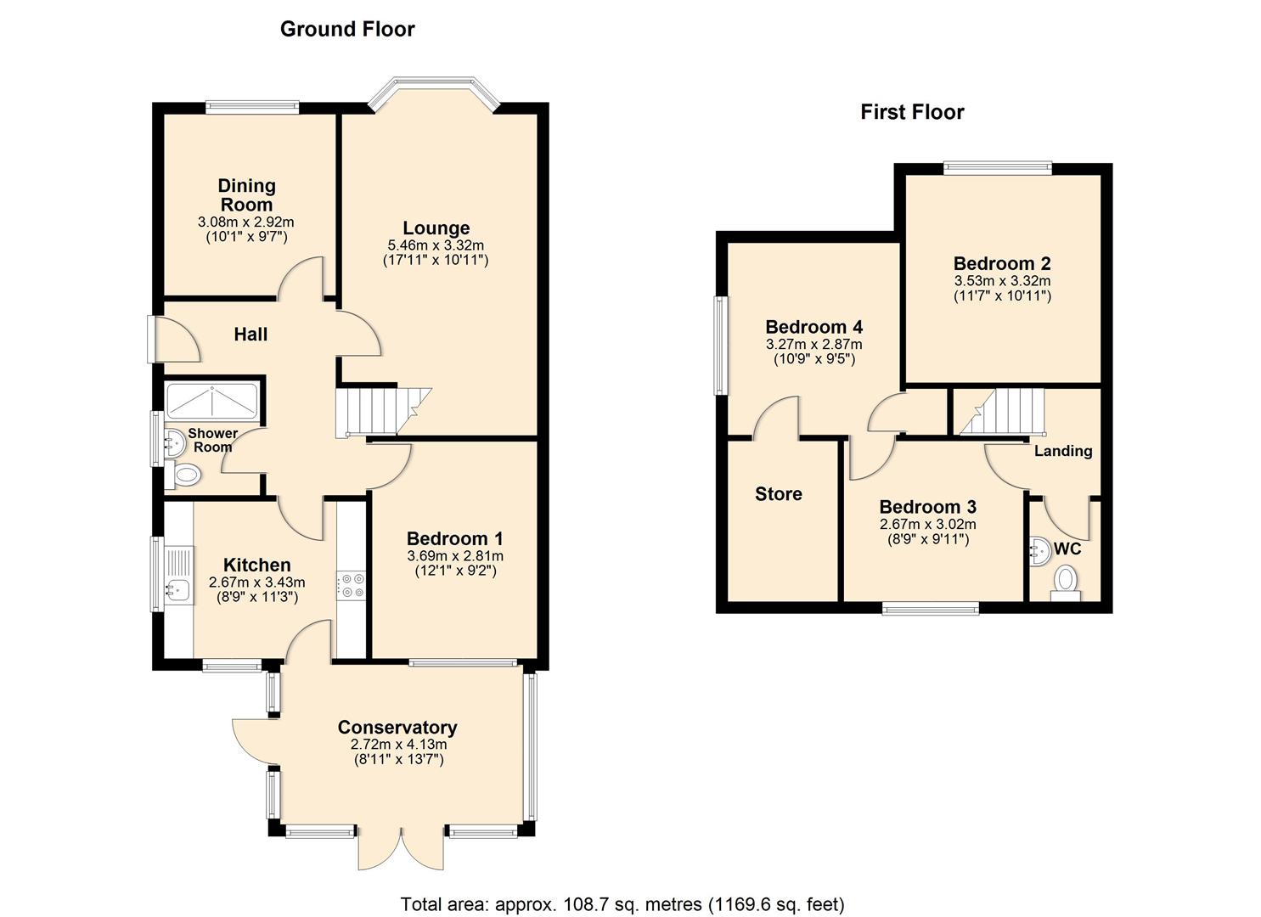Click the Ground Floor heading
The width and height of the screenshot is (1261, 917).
[x=347, y=29]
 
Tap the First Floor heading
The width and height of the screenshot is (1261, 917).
[x=912, y=112]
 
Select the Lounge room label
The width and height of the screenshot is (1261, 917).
[x=436, y=228]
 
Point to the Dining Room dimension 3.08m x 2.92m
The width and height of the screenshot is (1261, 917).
[x=246, y=222]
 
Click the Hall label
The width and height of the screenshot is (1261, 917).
[x=251, y=335]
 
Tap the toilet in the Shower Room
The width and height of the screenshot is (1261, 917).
[x=183, y=475]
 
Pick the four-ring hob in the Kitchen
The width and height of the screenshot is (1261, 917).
[x=352, y=584]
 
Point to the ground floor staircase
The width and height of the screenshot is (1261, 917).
[x=383, y=412]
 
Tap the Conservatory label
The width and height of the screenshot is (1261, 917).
[x=397, y=728]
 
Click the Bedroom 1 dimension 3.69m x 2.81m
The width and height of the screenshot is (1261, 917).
[x=455, y=556]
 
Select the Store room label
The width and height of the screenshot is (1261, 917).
[x=779, y=493]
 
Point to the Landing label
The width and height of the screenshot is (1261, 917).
[x=1063, y=451]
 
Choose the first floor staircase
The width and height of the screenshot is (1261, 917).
[x=1002, y=412]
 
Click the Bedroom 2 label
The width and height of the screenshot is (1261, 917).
[x=1002, y=263]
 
